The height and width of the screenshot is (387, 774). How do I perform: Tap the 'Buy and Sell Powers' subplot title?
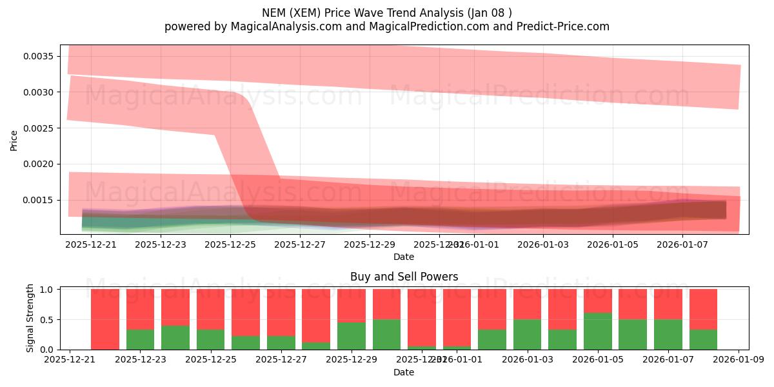404,277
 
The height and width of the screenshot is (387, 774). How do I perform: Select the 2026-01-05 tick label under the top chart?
613,244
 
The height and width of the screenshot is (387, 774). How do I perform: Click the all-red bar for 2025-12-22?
105,319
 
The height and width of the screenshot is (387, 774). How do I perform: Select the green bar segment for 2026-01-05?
598,332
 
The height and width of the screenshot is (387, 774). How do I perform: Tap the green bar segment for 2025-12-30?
386,334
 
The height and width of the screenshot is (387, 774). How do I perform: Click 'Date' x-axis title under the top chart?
404,257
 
